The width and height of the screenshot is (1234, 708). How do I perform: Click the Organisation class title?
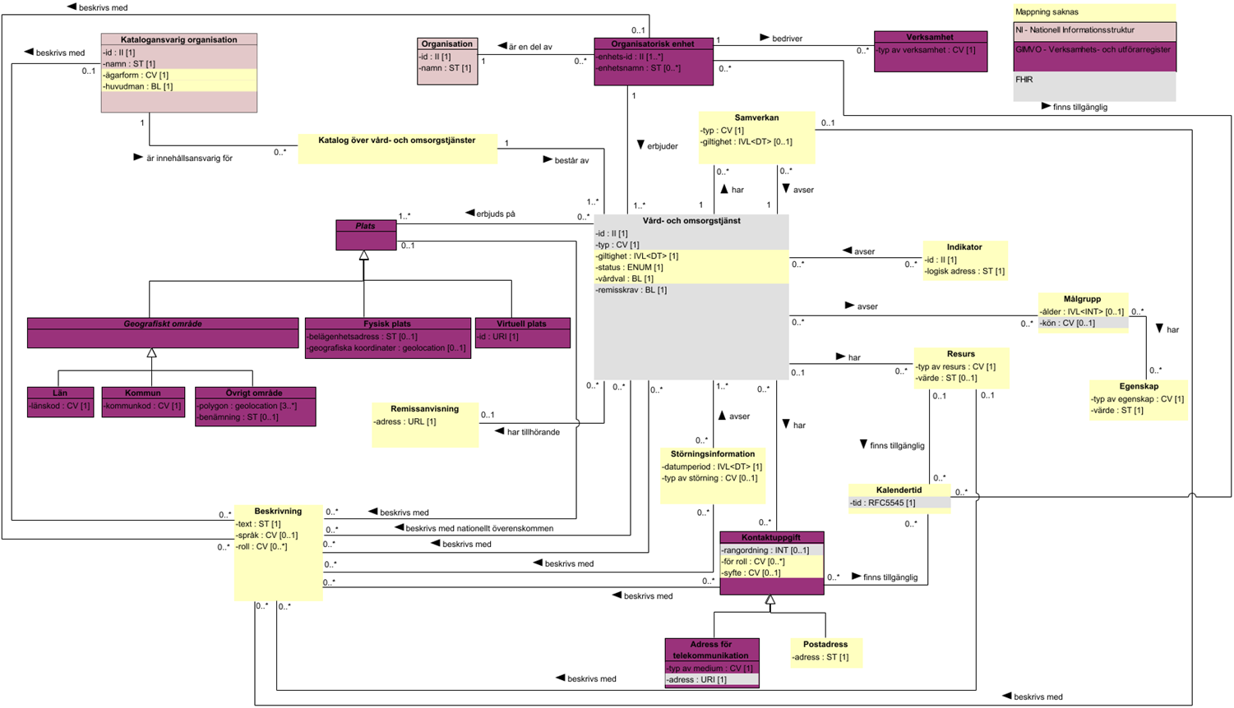pos(447,44)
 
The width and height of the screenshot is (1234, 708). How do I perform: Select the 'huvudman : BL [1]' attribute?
pos(138,86)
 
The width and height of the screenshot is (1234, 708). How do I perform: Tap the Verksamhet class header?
pos(930,37)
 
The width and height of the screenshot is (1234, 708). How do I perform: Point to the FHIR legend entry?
pos(1024,80)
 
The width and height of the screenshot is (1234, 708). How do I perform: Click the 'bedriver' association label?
pos(787,39)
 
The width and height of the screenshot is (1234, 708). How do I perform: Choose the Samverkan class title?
pos(756,117)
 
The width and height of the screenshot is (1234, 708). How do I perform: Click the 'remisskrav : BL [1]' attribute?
pos(632,290)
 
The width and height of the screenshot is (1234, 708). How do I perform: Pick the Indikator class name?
pos(964,246)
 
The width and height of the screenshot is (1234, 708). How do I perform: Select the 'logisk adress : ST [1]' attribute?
pos(965,271)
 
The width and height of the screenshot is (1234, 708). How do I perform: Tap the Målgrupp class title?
pos(1082,299)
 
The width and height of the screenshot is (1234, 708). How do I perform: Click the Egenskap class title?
pos(1139,386)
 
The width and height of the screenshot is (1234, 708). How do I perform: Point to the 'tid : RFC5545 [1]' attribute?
pos(882,503)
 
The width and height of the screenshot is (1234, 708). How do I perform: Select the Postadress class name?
pos(825,645)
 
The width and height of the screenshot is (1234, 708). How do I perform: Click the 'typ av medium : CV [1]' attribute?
pos(709,669)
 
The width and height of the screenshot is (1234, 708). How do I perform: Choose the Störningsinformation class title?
pos(713,454)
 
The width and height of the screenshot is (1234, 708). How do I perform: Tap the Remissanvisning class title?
pos(424,408)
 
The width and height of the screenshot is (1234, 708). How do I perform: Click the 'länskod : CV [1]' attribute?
pos(60,406)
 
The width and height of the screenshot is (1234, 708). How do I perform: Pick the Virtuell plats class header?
pos(521,324)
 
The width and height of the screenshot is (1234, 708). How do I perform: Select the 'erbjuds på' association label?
pos(496,214)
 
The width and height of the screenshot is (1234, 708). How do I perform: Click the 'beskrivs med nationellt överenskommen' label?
pos(479,528)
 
